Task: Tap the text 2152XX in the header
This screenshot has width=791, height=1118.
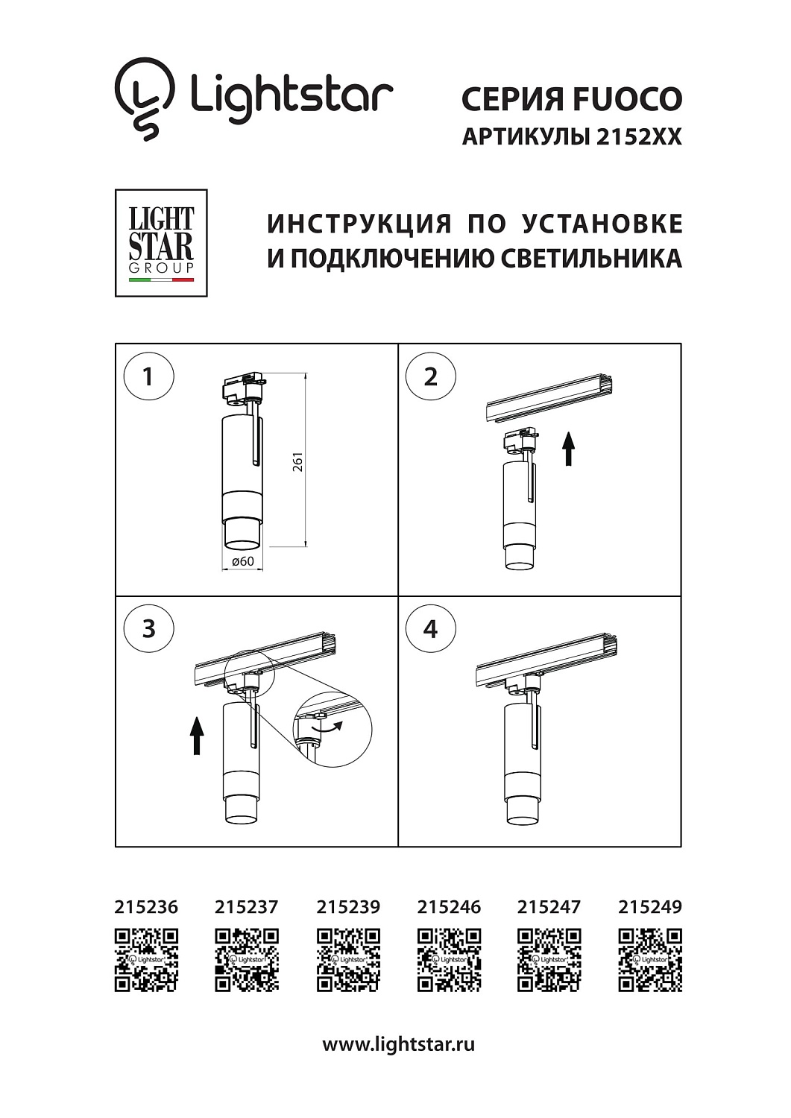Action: click(639, 137)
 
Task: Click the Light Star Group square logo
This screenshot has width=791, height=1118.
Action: click(161, 243)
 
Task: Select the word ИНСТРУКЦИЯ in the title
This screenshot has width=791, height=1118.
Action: click(359, 224)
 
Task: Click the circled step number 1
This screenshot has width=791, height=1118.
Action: click(148, 376)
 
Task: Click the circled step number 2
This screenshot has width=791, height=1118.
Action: click(430, 376)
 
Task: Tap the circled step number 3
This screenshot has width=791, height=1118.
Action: click(148, 628)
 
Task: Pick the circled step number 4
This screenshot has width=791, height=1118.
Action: click(430, 628)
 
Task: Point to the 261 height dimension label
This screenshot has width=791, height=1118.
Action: click(298, 462)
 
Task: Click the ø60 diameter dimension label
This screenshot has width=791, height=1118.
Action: click(243, 561)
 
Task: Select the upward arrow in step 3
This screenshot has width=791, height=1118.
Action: click(197, 735)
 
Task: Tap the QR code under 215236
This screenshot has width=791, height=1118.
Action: click(146, 960)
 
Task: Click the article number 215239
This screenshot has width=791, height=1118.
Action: click(348, 907)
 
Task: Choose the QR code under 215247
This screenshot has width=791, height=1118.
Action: click(549, 960)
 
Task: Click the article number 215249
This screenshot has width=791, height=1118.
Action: click(650, 907)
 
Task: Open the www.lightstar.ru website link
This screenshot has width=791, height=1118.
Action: click(398, 1044)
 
